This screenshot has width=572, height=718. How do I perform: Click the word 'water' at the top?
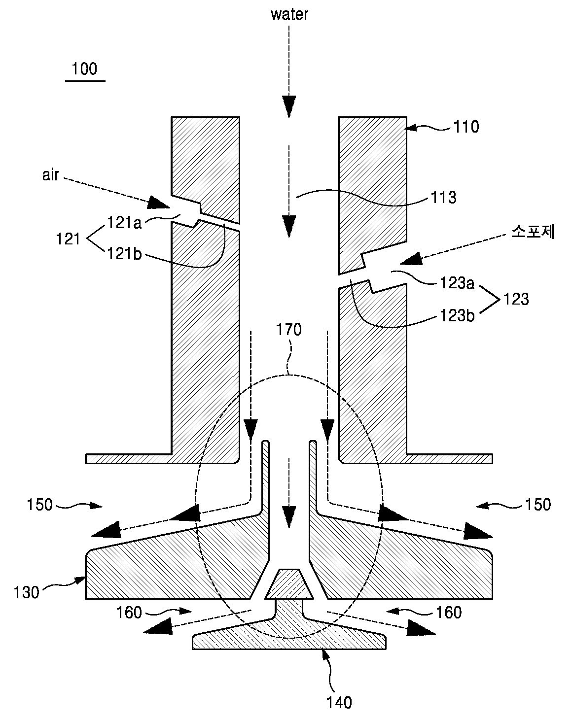pos(289,15)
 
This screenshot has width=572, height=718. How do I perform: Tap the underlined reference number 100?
pos(84,68)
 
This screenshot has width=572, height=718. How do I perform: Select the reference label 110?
pos(466,127)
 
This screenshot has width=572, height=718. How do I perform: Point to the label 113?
pos(444,198)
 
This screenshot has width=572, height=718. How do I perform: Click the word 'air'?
pos(51,175)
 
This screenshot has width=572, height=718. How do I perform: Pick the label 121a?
pos(124,223)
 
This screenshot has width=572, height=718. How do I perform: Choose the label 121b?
pos(124,254)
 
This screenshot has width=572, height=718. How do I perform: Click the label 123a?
pos(457,283)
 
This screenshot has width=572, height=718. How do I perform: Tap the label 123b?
pos(457,315)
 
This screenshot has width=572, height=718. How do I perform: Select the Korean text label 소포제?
pos(533,232)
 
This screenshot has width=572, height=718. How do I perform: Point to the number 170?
pos(289,330)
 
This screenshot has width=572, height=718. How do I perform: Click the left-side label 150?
pos(40,505)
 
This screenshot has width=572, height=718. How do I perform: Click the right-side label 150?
pos(538,505)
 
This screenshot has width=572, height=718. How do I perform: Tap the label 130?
pos(26,593)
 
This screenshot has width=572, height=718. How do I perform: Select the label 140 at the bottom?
pos(339,703)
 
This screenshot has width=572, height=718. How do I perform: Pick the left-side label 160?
pos(129,613)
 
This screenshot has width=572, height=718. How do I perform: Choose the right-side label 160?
pos(449,613)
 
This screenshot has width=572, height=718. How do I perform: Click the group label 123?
pos(516,299)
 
